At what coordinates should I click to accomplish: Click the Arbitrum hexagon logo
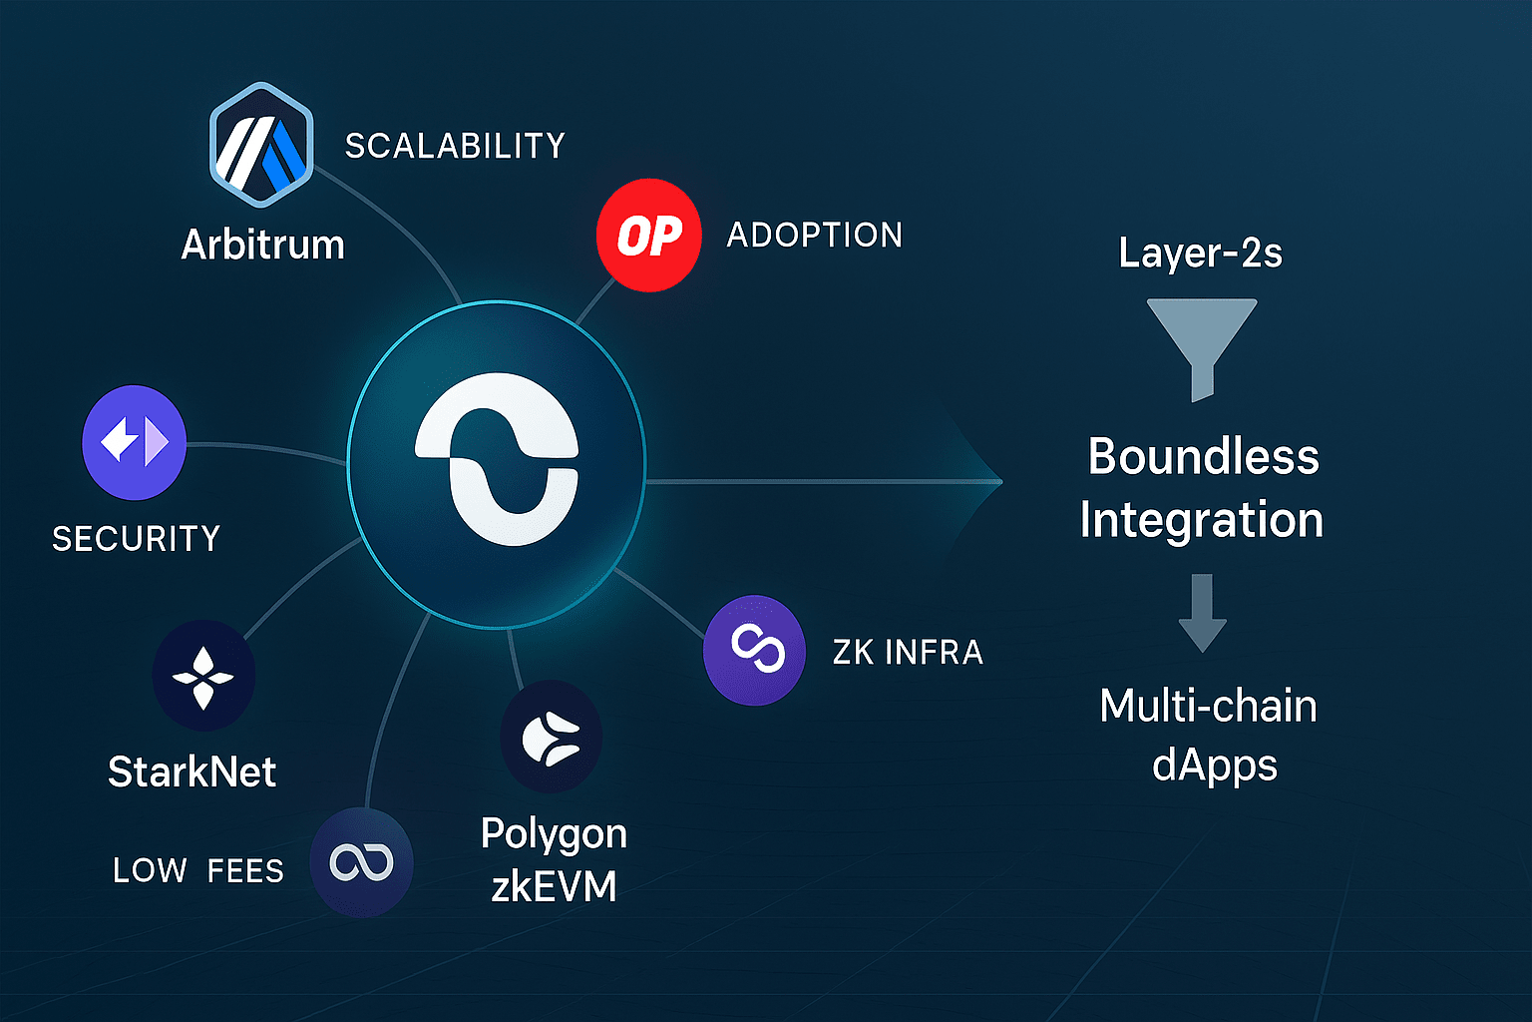(261, 145)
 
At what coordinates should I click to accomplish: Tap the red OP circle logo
(648, 236)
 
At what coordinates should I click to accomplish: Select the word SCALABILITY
(455, 146)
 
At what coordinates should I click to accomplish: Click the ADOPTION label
(815, 236)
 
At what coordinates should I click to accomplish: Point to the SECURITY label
(136, 539)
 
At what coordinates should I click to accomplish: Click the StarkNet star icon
(203, 677)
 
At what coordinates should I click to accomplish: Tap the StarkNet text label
(191, 771)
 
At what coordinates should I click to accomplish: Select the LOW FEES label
(198, 870)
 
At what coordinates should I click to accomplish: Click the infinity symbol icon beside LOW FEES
(361, 863)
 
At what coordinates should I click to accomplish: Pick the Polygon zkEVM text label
(554, 859)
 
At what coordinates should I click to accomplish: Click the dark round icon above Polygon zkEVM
(552, 738)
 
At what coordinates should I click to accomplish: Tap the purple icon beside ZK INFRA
(754, 651)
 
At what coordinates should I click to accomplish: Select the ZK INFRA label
(908, 653)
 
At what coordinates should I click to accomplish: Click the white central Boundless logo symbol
(497, 459)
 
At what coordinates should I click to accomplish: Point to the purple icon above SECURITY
(134, 442)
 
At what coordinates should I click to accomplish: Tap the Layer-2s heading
(1200, 253)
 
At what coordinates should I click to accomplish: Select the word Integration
(1202, 520)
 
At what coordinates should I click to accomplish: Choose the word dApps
(1214, 766)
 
